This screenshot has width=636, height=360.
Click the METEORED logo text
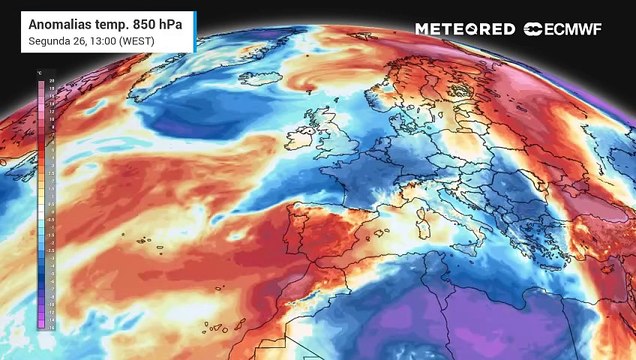tap(465, 29)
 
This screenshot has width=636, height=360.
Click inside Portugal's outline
tap(289, 235)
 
